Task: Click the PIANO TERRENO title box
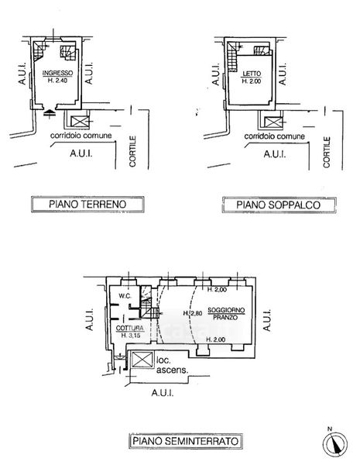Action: pyautogui.click(x=87, y=204)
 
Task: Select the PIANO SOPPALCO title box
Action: pyautogui.click(x=279, y=205)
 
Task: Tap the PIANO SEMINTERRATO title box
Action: pyautogui.click(x=186, y=441)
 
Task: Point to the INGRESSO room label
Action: pyautogui.click(x=58, y=73)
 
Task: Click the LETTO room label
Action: pyautogui.click(x=252, y=74)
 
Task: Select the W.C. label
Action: pyautogui.click(x=125, y=296)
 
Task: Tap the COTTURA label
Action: pyautogui.click(x=130, y=329)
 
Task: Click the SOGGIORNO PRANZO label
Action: pyautogui.click(x=226, y=314)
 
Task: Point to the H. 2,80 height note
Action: pyautogui.click(x=192, y=313)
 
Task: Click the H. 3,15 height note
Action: pyautogui.click(x=130, y=336)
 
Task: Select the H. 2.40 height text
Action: pyautogui.click(x=58, y=80)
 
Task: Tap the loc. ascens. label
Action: pyautogui.click(x=172, y=365)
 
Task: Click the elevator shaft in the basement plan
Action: pyautogui.click(x=142, y=360)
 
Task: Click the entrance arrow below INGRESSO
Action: pyautogui.click(x=50, y=114)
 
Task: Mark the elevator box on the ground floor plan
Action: pyautogui.click(x=80, y=122)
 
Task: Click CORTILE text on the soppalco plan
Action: pyautogui.click(x=327, y=152)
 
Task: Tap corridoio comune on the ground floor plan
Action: pyautogui.click(x=81, y=136)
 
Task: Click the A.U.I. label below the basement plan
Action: pyautogui.click(x=163, y=393)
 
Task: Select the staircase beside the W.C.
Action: pyautogui.click(x=146, y=302)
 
